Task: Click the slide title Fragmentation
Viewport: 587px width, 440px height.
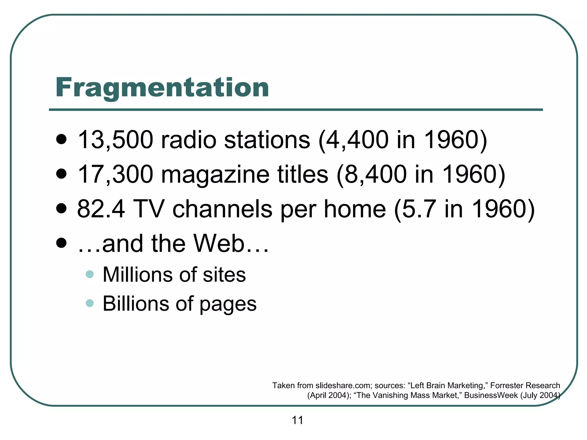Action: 162,87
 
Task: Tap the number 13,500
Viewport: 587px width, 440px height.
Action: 115,140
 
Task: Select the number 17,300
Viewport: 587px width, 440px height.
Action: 115,174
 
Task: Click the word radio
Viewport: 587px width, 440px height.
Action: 188,140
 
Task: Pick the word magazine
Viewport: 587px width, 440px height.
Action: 215,175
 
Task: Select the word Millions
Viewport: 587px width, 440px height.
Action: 137,274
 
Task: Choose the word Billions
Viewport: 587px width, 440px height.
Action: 136,303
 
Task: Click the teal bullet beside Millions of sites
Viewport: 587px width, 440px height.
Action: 90,274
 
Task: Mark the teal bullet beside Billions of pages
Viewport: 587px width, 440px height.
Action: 90,303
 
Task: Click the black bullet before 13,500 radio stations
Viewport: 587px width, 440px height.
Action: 61,140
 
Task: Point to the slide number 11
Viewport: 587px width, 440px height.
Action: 297,420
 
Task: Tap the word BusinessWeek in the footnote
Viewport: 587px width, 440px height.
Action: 491,395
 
